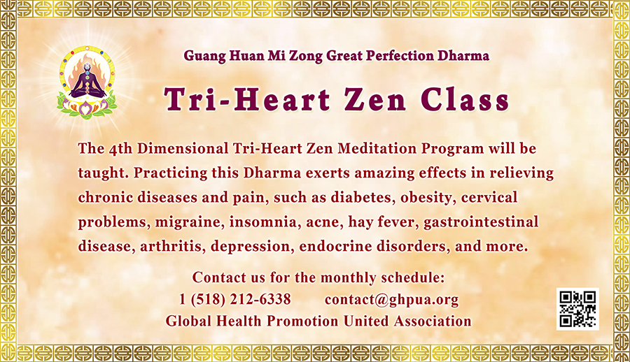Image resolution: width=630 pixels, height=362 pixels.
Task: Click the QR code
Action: (x=577, y=309)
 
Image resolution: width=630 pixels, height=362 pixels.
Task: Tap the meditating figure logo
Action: (x=87, y=83)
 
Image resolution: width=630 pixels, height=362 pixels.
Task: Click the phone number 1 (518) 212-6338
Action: (x=235, y=299)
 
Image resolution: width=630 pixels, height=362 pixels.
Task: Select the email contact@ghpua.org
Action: (x=391, y=300)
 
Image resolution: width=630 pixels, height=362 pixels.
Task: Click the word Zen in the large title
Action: (x=375, y=100)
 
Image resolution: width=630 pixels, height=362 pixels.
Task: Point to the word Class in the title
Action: (x=465, y=99)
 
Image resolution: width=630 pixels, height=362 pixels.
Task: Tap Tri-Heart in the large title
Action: (x=247, y=99)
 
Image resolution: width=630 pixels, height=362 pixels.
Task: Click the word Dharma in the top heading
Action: (x=463, y=55)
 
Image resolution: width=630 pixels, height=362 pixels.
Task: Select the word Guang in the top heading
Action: (x=205, y=56)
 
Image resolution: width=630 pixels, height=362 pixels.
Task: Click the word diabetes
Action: (x=363, y=198)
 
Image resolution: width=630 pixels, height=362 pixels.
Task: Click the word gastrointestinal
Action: (x=481, y=222)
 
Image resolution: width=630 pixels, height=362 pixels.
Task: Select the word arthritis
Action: (x=172, y=247)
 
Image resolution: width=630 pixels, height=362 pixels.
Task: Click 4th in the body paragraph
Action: (x=120, y=149)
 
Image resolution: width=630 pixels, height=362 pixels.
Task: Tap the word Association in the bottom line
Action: (x=433, y=321)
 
